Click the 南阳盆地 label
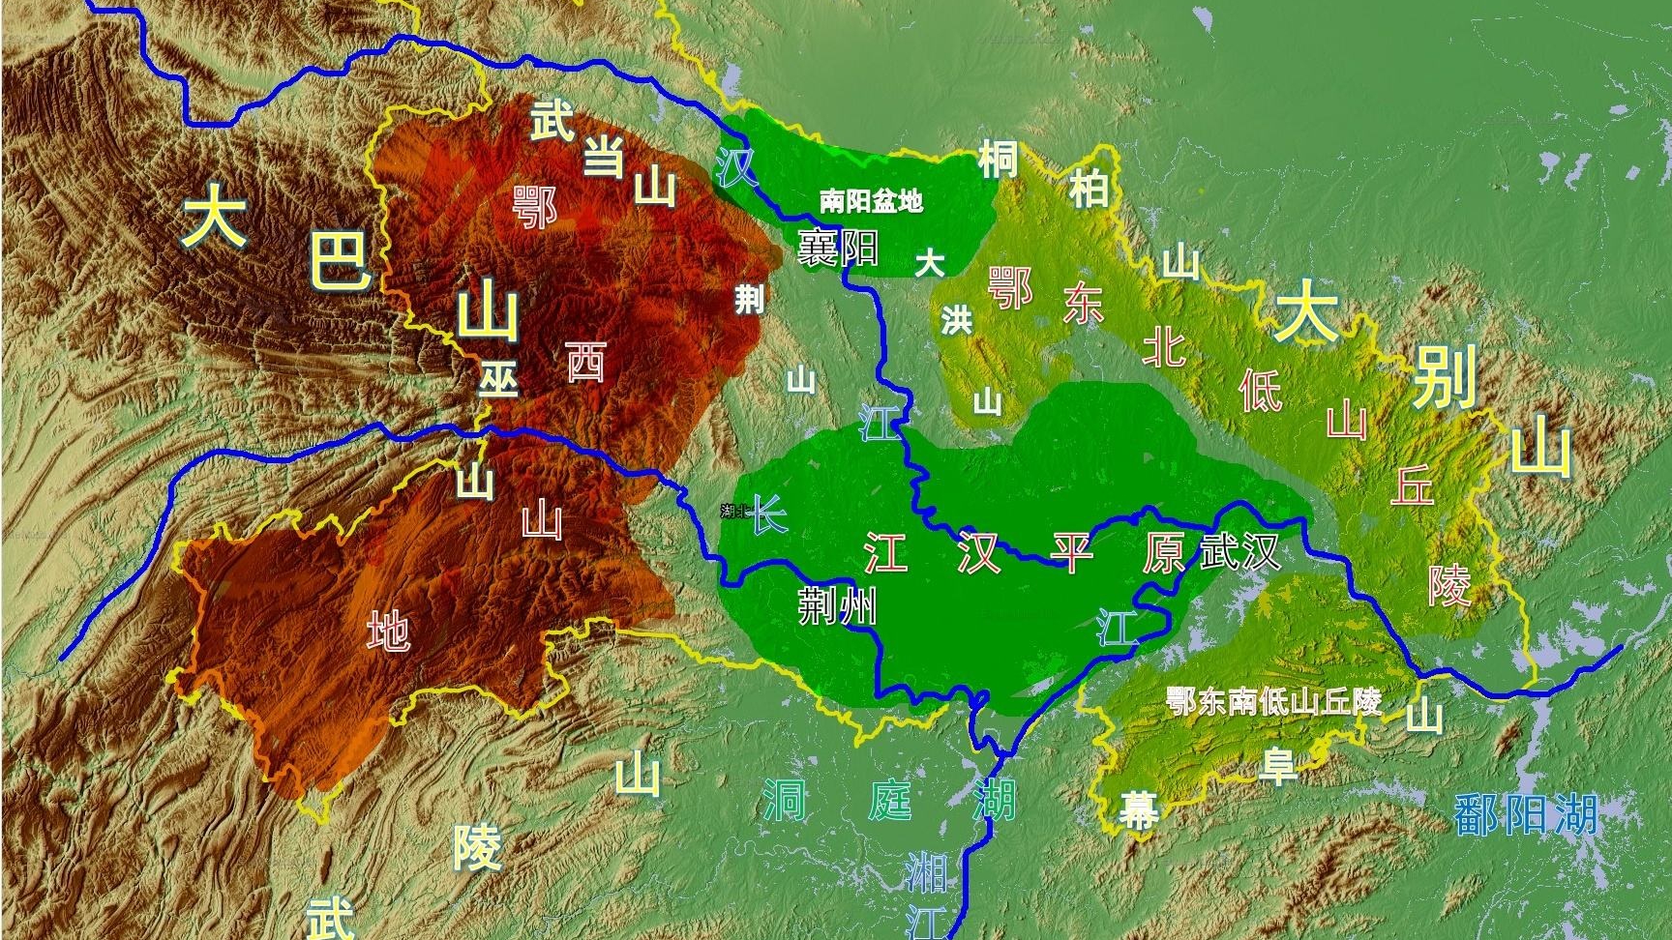[x=871, y=201]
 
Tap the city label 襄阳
[x=838, y=248]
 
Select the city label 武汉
[x=1240, y=553]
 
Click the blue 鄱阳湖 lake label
[x=1525, y=814]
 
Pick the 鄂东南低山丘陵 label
[x=1273, y=701]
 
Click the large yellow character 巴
[x=339, y=259]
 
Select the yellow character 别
[x=1445, y=377]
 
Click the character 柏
[x=1089, y=190]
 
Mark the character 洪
[x=956, y=319]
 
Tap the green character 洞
[x=784, y=799]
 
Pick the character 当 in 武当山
[x=604, y=157]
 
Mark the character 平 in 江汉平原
[x=1072, y=553]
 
